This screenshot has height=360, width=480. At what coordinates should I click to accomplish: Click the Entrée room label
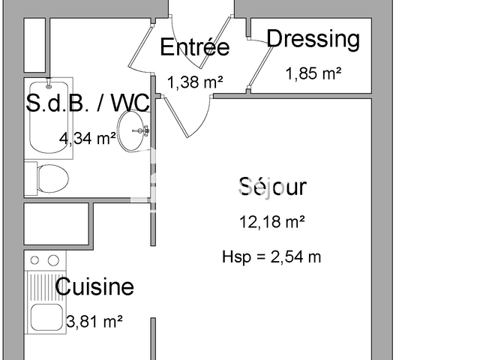[194, 47]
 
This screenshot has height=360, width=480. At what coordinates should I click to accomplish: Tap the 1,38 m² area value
[195, 82]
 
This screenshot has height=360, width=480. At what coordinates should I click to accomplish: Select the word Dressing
[313, 38]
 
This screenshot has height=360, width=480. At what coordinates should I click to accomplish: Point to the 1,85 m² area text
[313, 73]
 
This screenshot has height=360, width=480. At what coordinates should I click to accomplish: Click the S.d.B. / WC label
[88, 104]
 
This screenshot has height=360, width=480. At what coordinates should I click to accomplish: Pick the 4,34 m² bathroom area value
[88, 138]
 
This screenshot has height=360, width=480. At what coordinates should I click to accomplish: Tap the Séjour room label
[272, 186]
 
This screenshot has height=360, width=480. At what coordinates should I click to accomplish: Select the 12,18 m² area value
[272, 221]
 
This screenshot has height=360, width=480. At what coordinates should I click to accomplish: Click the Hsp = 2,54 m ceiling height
[271, 256]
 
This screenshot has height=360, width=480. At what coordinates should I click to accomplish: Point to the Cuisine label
[94, 286]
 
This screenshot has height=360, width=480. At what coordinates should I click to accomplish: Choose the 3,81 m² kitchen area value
[94, 322]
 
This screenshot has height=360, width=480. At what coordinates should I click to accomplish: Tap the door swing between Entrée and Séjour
[184, 112]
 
